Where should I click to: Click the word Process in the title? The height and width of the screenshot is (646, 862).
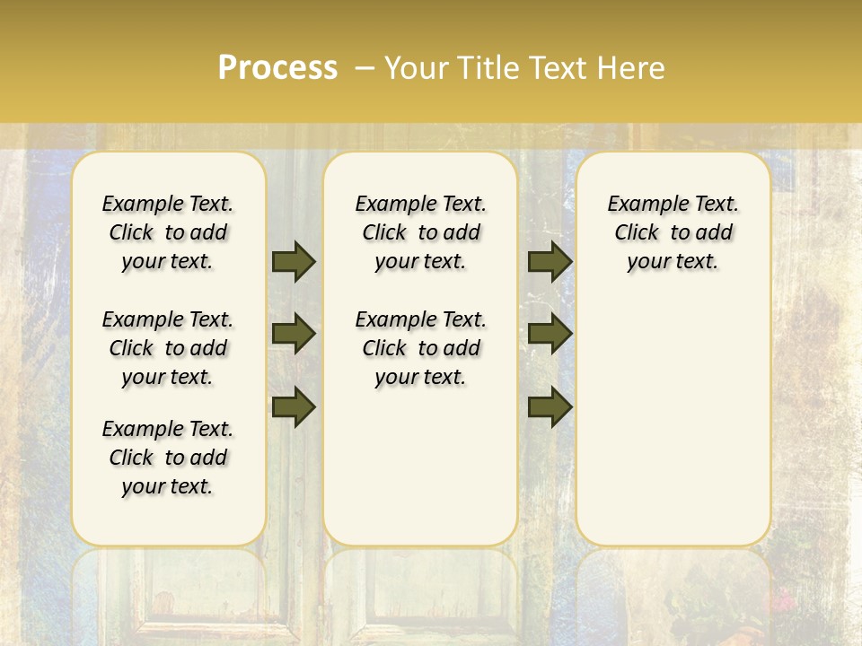click(x=277, y=68)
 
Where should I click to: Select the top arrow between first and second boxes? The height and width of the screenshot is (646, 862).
click(x=294, y=261)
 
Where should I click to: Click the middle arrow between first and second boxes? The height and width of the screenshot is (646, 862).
click(x=294, y=334)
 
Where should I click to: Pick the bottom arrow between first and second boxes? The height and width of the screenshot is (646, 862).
click(x=294, y=406)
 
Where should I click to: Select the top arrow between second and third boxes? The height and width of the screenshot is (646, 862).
click(x=550, y=261)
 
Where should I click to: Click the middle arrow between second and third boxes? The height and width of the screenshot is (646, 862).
click(x=550, y=334)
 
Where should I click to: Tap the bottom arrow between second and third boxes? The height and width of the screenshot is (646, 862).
click(x=550, y=406)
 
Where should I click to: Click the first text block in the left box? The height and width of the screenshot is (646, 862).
click(x=168, y=232)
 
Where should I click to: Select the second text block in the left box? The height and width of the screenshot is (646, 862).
click(x=168, y=348)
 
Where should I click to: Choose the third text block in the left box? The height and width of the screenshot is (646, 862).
click(x=168, y=458)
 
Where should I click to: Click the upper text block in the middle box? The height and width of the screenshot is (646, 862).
click(x=420, y=232)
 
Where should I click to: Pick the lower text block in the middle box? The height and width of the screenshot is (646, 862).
click(x=420, y=348)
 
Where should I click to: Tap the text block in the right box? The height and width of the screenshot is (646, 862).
click(x=673, y=232)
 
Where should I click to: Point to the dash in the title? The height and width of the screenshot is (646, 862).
click(x=365, y=68)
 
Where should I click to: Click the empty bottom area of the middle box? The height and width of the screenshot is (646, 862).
click(x=420, y=476)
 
